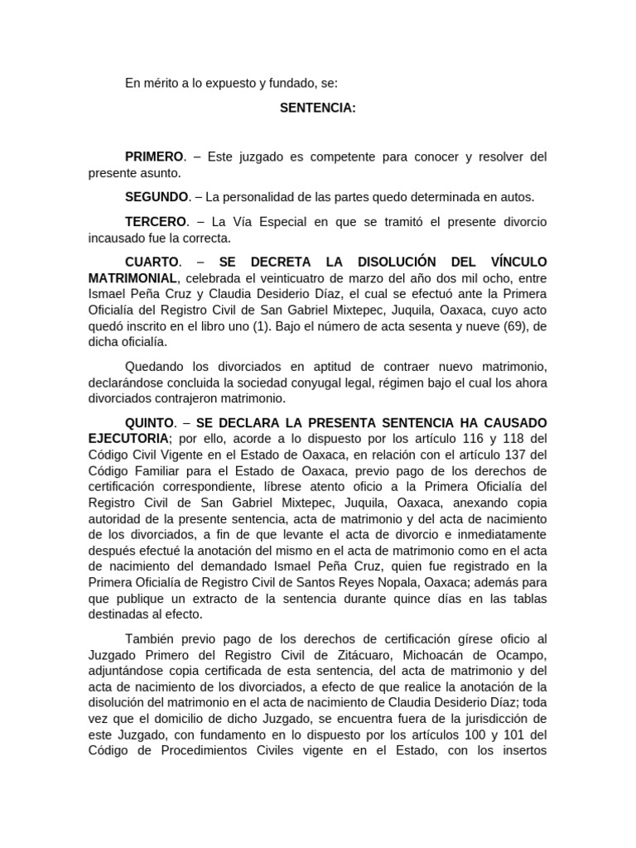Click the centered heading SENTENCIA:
click(x=318, y=108)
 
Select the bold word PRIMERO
click(x=154, y=157)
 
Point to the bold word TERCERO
click(x=156, y=222)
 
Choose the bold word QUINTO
click(x=149, y=422)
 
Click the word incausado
click(x=121, y=238)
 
